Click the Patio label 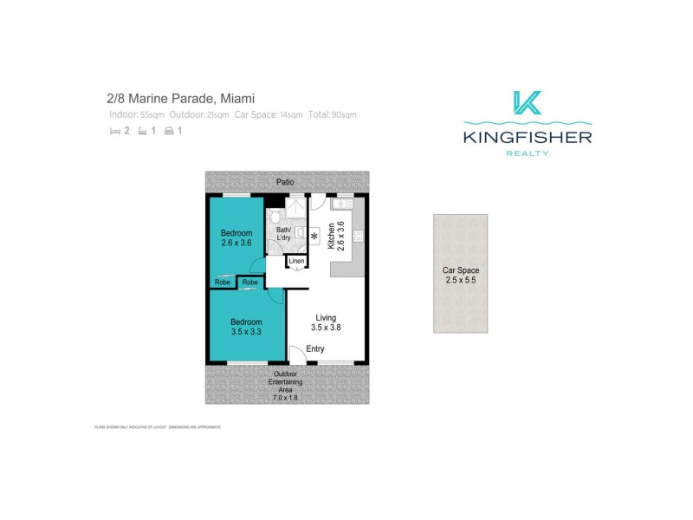click(285, 182)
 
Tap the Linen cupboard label click(296, 261)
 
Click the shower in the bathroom click(296, 209)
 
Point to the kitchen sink click(340, 204)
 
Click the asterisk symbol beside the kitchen click(314, 235)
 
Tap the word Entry click(314, 348)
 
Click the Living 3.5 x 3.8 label click(326, 322)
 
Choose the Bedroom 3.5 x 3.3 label click(246, 327)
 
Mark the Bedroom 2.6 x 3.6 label click(236, 237)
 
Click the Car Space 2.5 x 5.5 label click(460, 276)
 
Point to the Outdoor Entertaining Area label click(285, 386)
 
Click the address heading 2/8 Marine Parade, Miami click(181, 99)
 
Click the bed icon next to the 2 click(114, 131)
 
